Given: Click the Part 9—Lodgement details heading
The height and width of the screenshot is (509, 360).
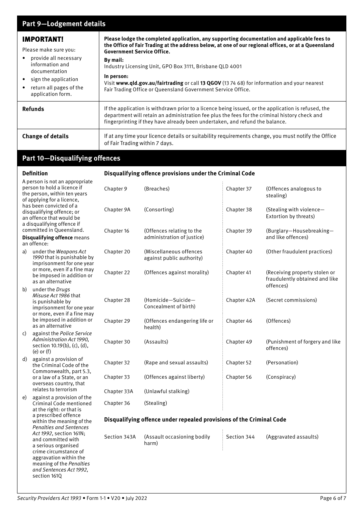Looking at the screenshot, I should pos(64,24).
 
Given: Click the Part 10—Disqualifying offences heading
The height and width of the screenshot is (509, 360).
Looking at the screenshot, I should pos(71,158).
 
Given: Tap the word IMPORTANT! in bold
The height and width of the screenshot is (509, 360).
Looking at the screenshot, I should pos(43,39).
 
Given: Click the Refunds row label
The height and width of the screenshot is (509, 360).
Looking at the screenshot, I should pos(33,109).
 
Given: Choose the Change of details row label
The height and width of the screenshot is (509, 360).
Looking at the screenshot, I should pos(45,136).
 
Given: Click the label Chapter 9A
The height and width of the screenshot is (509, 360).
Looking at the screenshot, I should pos(117,210).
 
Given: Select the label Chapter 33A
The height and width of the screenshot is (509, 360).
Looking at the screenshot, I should pos(119,392).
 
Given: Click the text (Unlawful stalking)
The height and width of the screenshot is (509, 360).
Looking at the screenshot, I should pos(167,392).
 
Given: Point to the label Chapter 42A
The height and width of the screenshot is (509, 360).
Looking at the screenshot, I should pos(241,300).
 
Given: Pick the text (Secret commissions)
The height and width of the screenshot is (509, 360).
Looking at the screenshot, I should pos(291,300).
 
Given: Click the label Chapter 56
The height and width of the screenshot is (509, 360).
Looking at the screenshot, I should pos(239,377).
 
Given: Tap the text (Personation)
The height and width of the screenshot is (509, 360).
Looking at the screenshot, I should pos(282,363).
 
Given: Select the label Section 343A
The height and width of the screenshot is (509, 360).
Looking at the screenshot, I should pos(120,437).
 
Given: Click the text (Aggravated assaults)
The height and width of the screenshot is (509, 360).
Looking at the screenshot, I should pos(292,437).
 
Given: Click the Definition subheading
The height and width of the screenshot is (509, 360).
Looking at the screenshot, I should pos(35,173).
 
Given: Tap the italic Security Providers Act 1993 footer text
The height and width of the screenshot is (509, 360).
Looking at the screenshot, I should pos(49,498).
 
